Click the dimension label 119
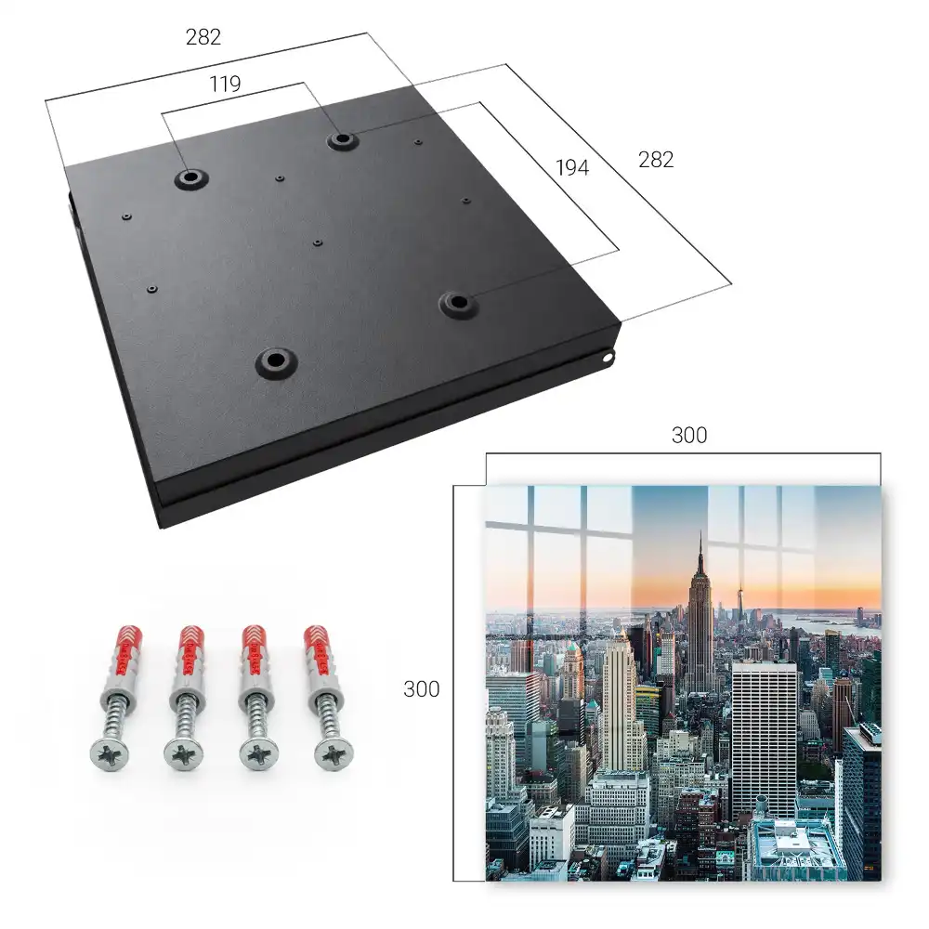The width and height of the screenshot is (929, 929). point(225,85)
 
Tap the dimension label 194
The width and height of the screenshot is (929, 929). point(572,168)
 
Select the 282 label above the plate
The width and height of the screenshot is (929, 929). point(203,37)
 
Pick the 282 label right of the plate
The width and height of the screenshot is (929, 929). point(656,160)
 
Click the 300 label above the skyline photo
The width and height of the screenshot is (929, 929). point(689,436)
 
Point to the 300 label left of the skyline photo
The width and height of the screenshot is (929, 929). point(421,689)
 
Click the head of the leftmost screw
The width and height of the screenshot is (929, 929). point(110,754)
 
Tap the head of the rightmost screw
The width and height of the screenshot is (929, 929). point(334,754)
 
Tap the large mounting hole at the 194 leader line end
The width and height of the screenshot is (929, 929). point(458,303)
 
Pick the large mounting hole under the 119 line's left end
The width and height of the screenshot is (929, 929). point(190,177)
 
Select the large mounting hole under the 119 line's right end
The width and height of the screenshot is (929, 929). point(341,140)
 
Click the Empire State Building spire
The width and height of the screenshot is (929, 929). point(700,551)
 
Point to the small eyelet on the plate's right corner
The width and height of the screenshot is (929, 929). point(608,358)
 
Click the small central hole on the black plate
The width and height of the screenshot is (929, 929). point(318,242)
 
